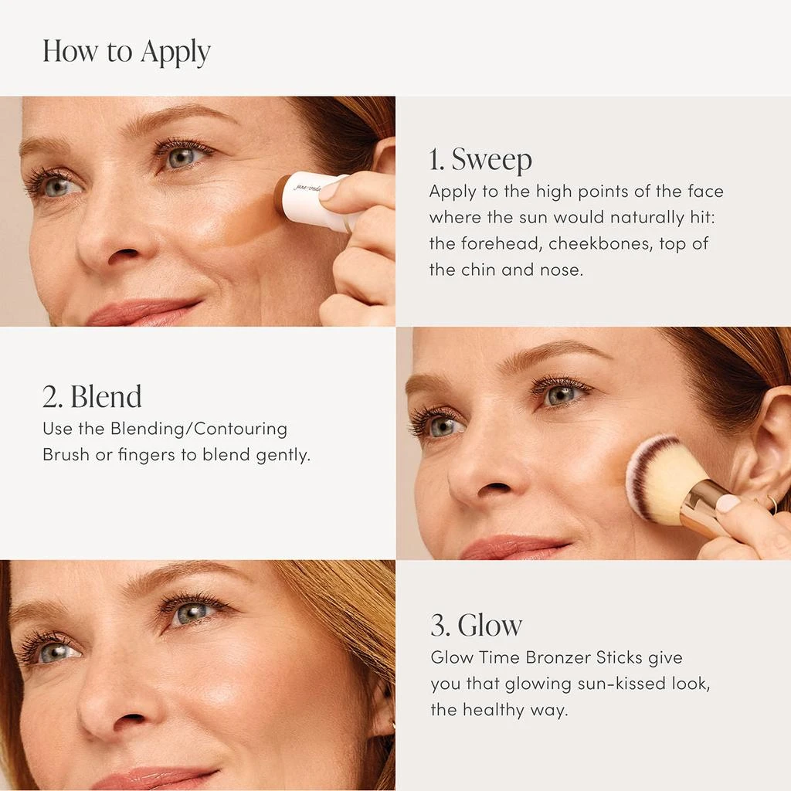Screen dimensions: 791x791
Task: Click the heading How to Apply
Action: click(x=126, y=53)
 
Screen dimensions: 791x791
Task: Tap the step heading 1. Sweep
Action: click(x=480, y=160)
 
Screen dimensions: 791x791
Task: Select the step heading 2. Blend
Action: click(x=92, y=396)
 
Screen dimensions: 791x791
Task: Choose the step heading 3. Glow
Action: click(x=476, y=625)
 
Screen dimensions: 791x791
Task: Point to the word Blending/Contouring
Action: click(x=199, y=429)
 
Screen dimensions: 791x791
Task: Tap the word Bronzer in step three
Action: click(x=558, y=657)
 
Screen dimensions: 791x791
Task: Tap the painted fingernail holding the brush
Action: click(x=727, y=504)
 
